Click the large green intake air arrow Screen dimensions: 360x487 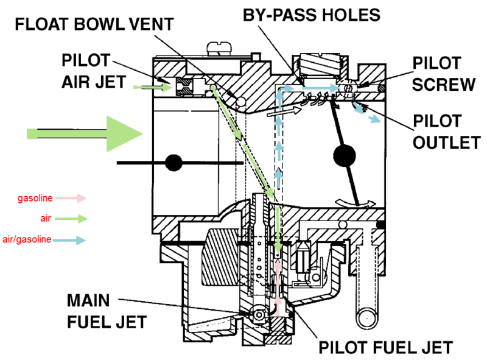tap(85, 132)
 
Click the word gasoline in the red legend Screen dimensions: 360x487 tap(35, 198)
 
